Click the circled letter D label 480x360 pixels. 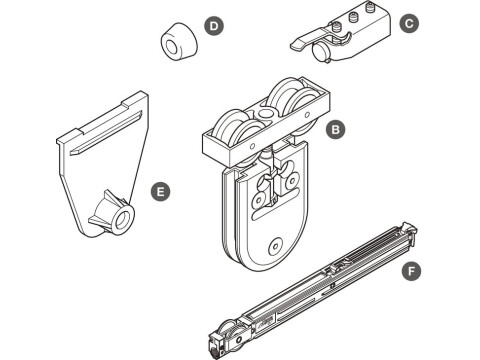[214, 26]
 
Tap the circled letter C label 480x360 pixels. [409, 23]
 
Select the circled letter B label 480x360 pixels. [335, 129]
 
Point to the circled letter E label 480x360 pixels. [160, 191]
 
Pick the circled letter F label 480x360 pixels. [411, 271]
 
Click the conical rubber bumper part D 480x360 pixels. [179, 42]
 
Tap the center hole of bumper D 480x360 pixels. [172, 47]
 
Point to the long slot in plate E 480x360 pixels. [106, 132]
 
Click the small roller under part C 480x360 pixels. [321, 53]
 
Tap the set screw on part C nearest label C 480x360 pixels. [369, 7]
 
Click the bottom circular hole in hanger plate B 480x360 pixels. [275, 246]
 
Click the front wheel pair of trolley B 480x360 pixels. [238, 130]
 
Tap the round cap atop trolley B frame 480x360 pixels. [264, 113]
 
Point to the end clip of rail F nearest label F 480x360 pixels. [409, 233]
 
